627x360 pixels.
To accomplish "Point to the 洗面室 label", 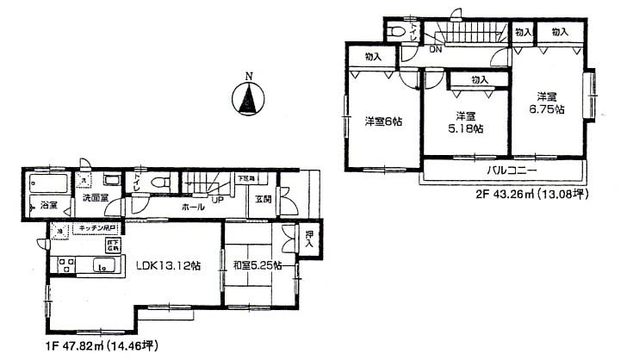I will click(95, 198).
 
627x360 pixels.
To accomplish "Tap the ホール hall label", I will click(193, 208).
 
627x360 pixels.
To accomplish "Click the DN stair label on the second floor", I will click(436, 48).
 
